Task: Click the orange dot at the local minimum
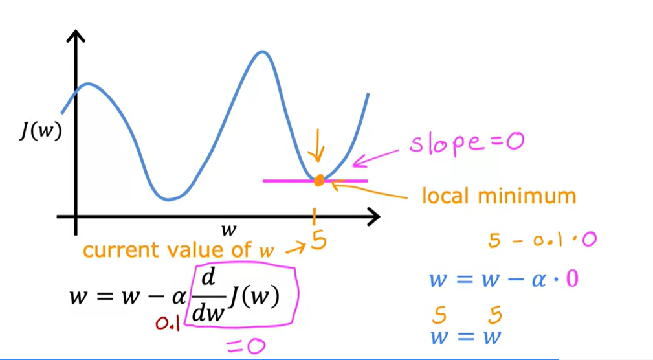(x=318, y=181)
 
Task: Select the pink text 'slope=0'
(x=465, y=142)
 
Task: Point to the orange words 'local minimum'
(x=498, y=195)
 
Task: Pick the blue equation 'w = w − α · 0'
(x=504, y=280)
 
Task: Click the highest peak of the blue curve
(x=262, y=51)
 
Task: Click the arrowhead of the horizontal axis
(x=374, y=217)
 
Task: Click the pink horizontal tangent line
(x=285, y=181)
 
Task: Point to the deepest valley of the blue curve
(x=168, y=199)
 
